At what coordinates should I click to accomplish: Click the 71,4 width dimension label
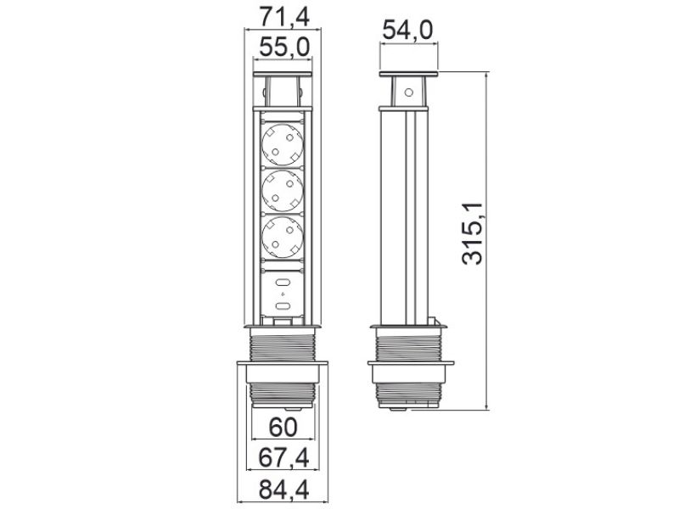tap(283, 15)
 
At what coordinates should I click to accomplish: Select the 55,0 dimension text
tap(283, 48)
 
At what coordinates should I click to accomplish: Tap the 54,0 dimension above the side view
tap(408, 32)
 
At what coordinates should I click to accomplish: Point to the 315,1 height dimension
tap(474, 233)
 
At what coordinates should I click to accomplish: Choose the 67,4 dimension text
tap(283, 458)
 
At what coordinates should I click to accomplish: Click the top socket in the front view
tap(283, 144)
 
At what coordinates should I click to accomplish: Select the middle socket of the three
tap(283, 191)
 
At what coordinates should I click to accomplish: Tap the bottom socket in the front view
tap(283, 237)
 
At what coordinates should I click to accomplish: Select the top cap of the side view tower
tap(408, 76)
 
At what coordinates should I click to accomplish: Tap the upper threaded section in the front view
tap(283, 344)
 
